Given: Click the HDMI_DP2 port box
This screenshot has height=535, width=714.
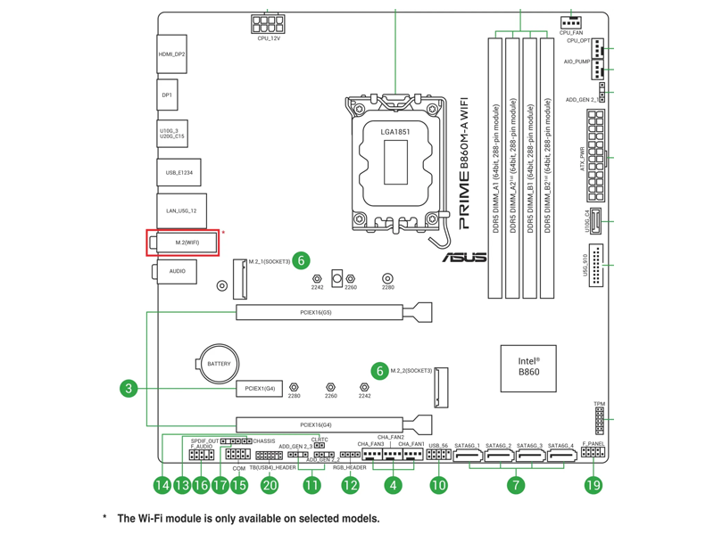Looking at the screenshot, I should coord(172,54).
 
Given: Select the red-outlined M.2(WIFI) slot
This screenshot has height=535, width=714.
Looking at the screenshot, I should coord(184,242).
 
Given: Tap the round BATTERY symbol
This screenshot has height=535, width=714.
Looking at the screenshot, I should coord(219,364).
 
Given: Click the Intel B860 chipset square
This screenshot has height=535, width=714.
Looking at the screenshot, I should coord(528,367).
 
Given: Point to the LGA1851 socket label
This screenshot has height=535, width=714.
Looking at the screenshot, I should coord(396,132).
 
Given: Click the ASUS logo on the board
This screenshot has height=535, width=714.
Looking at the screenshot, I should coord(465,258).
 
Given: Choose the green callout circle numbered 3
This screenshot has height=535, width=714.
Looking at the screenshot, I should coord(129,388).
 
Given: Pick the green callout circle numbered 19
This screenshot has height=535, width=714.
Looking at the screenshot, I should coord(594,485).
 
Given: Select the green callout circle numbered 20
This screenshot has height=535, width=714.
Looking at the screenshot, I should coord(270,485).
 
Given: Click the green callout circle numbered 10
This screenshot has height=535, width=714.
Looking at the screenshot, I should coord(438,485).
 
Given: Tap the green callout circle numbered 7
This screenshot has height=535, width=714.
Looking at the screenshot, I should coord(516,485).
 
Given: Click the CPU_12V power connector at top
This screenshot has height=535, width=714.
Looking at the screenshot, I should coord(269,24).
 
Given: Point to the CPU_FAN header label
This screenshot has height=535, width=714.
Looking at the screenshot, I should coord(571,33).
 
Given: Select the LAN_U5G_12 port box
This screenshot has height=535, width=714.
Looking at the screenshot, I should coord(181,211).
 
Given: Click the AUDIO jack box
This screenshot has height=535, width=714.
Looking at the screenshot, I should coord(177,270).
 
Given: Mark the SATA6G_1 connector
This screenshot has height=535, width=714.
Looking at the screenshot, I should coord(468,459).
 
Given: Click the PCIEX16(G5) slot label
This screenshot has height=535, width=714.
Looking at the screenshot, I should coord(316,313).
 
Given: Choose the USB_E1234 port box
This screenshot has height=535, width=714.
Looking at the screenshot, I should coord(178,172).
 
